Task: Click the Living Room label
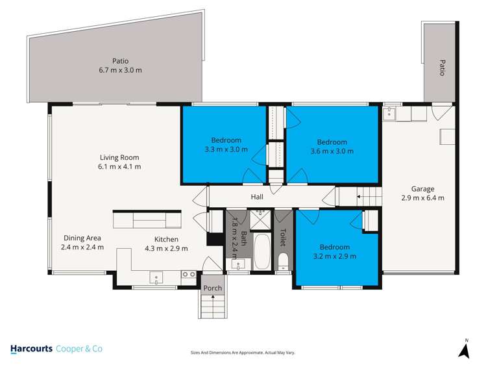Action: tap(119, 157)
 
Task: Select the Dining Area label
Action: tap(82, 238)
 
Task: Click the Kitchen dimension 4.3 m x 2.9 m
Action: tap(166, 248)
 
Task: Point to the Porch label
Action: tap(212, 288)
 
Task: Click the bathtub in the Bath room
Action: tap(263, 253)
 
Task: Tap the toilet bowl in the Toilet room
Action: tap(284, 262)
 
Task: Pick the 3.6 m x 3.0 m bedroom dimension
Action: tap(332, 151)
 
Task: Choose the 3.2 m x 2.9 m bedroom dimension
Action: tap(334, 256)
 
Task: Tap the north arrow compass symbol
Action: tap(464, 350)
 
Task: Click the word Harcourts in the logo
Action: tap(32, 349)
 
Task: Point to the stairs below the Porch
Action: tap(212, 306)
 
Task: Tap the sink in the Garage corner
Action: tap(390, 113)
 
